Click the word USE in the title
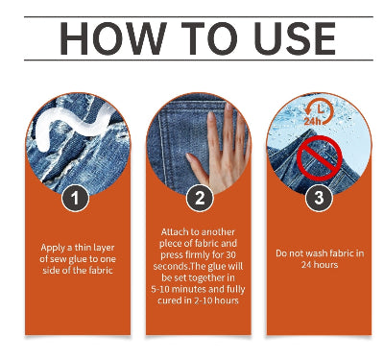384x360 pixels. (x=295, y=38)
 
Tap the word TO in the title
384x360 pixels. (x=209, y=38)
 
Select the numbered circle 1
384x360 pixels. (x=75, y=198)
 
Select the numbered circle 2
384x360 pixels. (x=200, y=198)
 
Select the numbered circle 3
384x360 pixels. (x=319, y=198)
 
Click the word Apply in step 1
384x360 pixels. (x=53, y=248)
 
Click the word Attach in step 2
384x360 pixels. (x=175, y=232)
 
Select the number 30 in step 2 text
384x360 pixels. (x=230, y=255)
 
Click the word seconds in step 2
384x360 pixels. (x=171, y=267)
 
